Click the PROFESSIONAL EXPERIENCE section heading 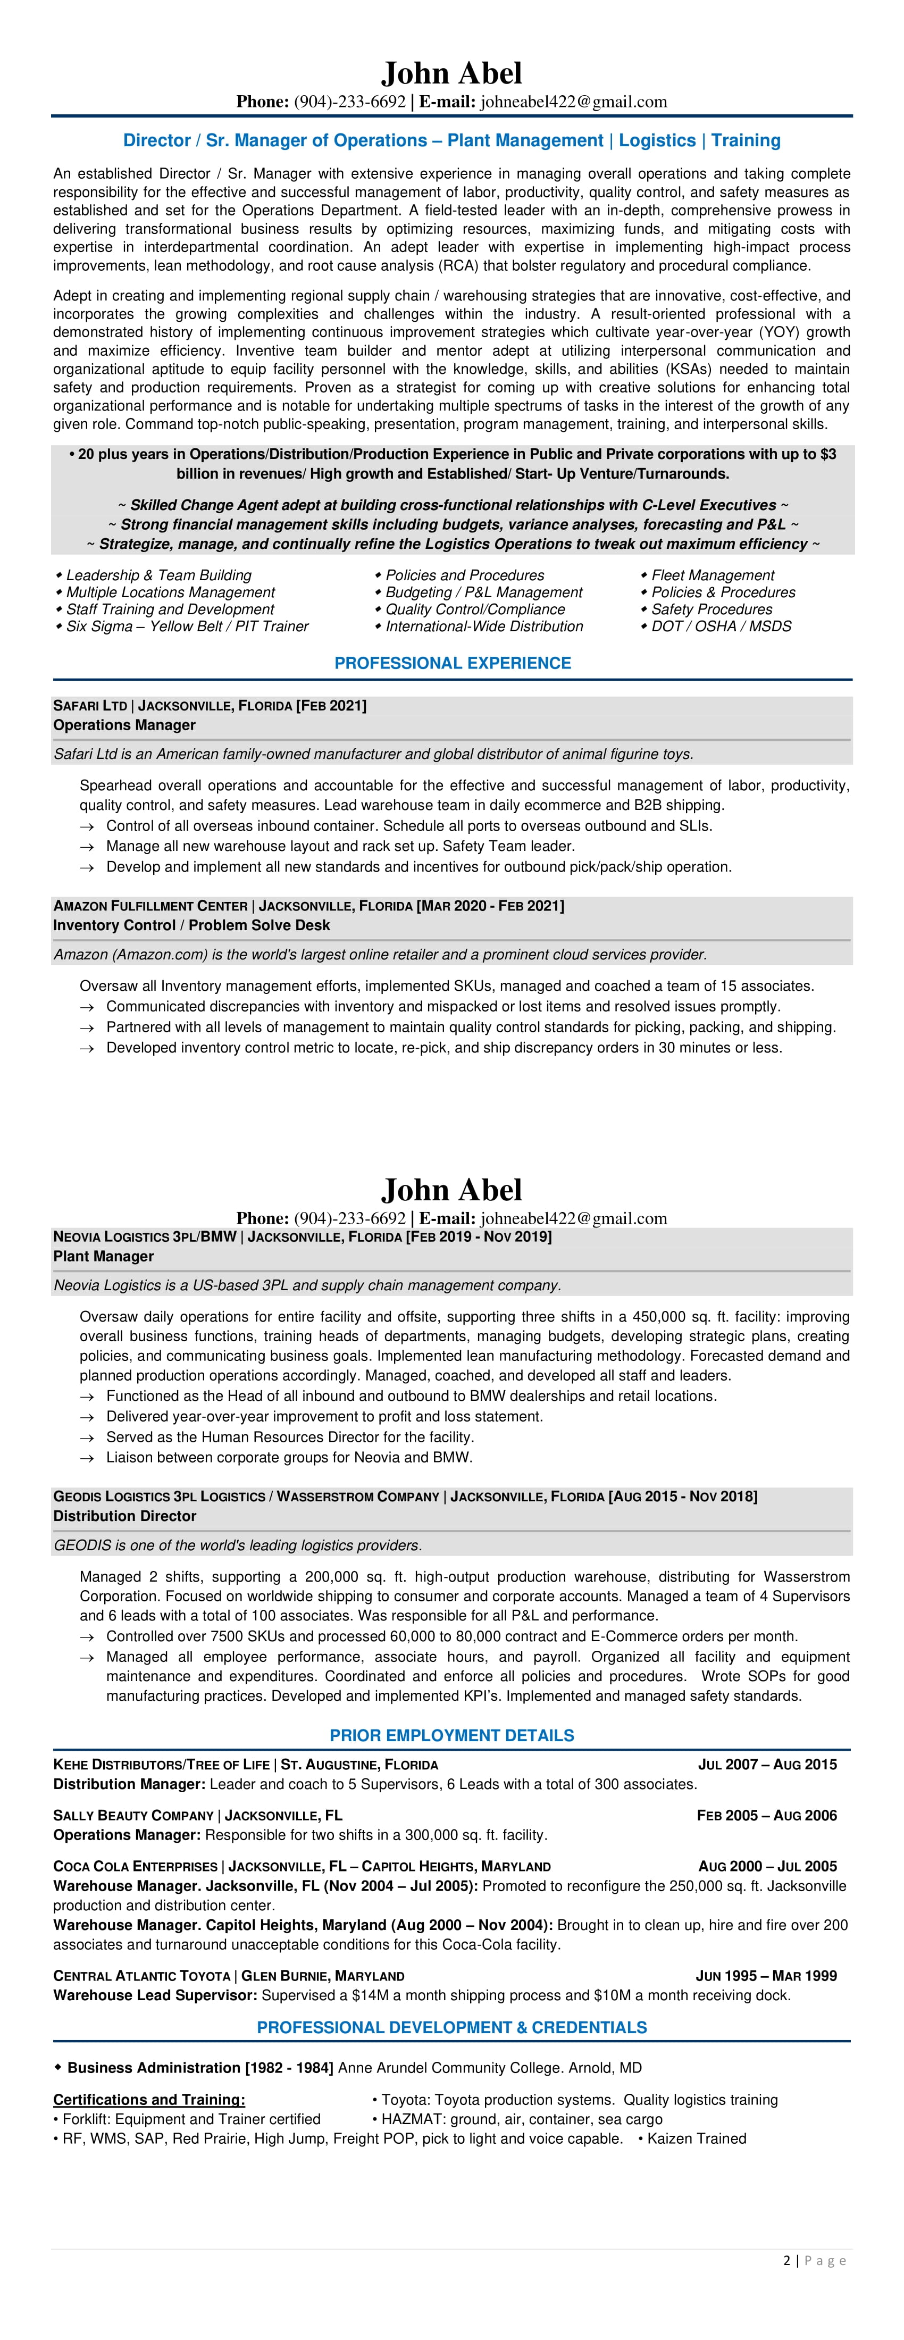pos(453,663)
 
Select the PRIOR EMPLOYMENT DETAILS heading pos(451,1735)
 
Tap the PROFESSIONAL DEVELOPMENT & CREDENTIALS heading pos(451,2027)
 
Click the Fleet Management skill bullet pos(712,575)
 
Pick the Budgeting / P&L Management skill pos(483,592)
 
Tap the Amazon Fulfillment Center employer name pos(150,906)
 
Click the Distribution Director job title pos(124,1516)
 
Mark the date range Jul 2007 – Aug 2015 pos(767,1764)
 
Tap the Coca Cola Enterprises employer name pos(136,1866)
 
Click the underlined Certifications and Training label pos(149,2099)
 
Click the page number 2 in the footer pos(787,2261)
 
